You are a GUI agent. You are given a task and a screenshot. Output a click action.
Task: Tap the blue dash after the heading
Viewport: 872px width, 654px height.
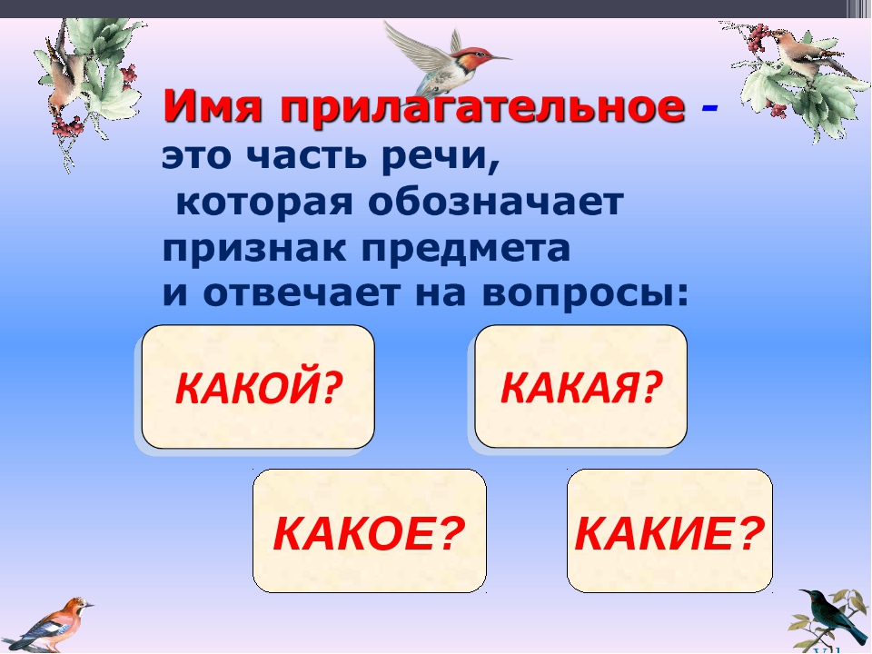(x=709, y=107)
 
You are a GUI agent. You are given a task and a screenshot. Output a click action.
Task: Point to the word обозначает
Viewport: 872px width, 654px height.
(x=495, y=203)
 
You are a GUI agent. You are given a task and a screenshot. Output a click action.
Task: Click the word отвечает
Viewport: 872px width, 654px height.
(x=301, y=293)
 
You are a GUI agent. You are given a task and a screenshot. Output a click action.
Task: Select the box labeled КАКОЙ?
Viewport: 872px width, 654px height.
(x=258, y=387)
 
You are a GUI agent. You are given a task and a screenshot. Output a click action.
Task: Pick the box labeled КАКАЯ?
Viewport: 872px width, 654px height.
(x=580, y=386)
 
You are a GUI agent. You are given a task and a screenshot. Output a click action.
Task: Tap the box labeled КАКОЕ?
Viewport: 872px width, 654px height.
(x=370, y=530)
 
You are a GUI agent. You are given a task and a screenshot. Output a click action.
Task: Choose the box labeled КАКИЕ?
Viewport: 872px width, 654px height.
(x=669, y=530)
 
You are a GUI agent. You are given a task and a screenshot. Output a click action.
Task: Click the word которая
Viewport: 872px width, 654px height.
(x=264, y=203)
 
